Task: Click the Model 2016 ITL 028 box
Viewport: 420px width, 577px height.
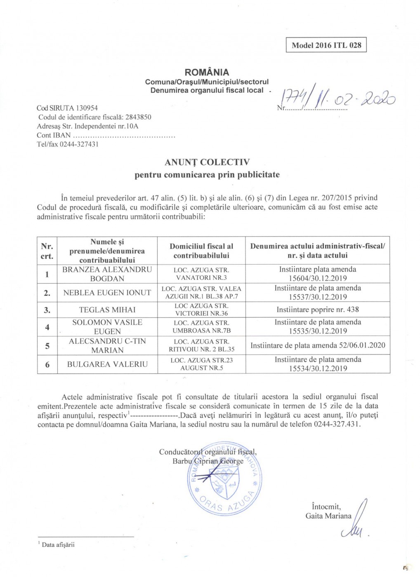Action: pyautogui.click(x=326, y=45)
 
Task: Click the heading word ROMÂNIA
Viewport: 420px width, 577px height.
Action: pyautogui.click(x=207, y=72)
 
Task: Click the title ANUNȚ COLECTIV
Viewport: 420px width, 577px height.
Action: pyautogui.click(x=207, y=162)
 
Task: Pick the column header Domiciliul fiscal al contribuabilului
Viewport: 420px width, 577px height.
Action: pyautogui.click(x=201, y=251)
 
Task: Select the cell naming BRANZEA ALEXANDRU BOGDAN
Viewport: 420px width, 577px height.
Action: pyautogui.click(x=107, y=274)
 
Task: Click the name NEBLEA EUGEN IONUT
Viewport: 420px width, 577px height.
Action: pyautogui.click(x=107, y=293)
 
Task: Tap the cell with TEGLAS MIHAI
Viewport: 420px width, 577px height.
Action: pyautogui.click(x=107, y=310)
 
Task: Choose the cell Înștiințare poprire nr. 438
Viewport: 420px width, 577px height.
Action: pyautogui.click(x=318, y=310)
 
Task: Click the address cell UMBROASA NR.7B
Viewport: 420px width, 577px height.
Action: pyautogui.click(x=201, y=327)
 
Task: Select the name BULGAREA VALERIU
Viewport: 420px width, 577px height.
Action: pyautogui.click(x=107, y=364)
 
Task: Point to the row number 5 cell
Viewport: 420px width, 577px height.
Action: pyautogui.click(x=47, y=346)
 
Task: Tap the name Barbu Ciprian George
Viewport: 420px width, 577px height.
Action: pyautogui.click(x=208, y=461)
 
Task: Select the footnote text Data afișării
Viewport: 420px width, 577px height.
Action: pyautogui.click(x=58, y=545)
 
